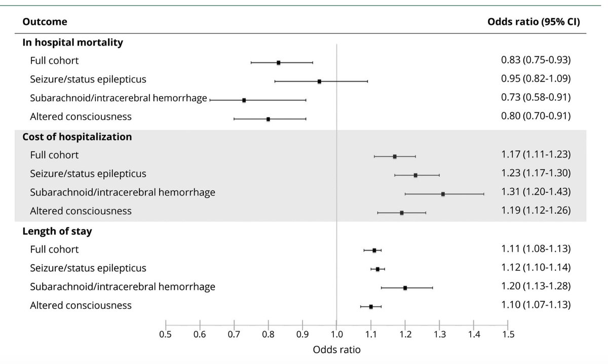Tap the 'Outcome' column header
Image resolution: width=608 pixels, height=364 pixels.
coord(45,22)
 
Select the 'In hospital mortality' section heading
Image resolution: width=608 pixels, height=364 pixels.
coord(72,43)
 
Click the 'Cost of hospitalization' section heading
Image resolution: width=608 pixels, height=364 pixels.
coord(77,137)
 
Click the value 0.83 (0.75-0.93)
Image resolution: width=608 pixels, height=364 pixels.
coord(536,61)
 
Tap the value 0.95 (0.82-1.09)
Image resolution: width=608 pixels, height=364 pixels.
coord(536,79)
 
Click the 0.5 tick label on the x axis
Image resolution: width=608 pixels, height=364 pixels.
coord(165,334)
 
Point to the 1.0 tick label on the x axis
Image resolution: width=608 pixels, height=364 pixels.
coord(336,334)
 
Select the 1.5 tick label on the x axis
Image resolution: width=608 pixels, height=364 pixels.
coord(508,334)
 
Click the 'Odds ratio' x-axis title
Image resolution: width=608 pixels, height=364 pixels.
coord(336,350)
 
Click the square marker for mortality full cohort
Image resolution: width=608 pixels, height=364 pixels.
coord(279,62)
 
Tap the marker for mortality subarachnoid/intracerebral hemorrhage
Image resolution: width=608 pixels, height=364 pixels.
coord(244,100)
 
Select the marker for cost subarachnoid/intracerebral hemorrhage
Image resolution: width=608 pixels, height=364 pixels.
coord(443,194)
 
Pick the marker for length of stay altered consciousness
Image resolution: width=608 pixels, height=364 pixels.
coord(371,306)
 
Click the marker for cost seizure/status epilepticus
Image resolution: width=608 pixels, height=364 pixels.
coord(415,175)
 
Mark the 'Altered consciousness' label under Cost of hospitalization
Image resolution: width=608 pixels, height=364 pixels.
coord(81,211)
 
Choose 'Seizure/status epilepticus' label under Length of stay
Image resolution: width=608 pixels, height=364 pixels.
coord(88,268)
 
